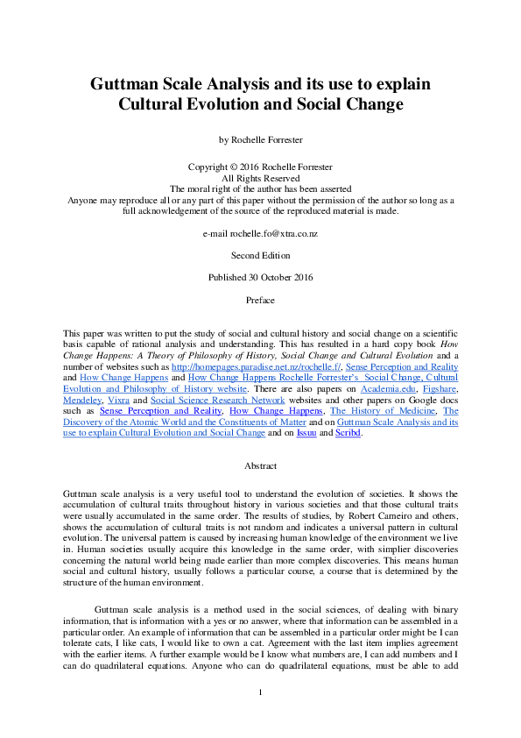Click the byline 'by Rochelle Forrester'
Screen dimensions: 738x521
click(260, 138)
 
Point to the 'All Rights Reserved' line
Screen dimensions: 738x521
click(260, 177)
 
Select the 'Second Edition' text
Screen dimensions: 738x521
click(260, 256)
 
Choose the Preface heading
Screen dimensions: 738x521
click(260, 300)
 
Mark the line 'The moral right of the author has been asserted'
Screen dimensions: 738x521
click(260, 188)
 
